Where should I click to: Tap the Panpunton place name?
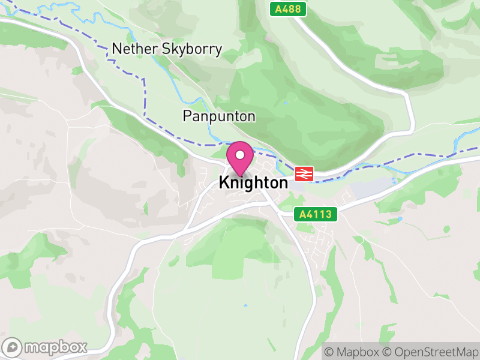click(x=219, y=116)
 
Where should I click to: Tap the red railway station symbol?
click(x=304, y=174)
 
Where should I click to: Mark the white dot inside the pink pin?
click(x=240, y=155)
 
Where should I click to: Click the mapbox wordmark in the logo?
click(x=56, y=347)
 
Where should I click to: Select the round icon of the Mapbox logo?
click(x=13, y=347)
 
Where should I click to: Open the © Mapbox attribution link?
click(x=352, y=351)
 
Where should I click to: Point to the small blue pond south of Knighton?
click(x=245, y=306)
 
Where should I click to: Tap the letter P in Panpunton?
click(x=187, y=116)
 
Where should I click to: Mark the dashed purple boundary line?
click(x=144, y=96)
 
